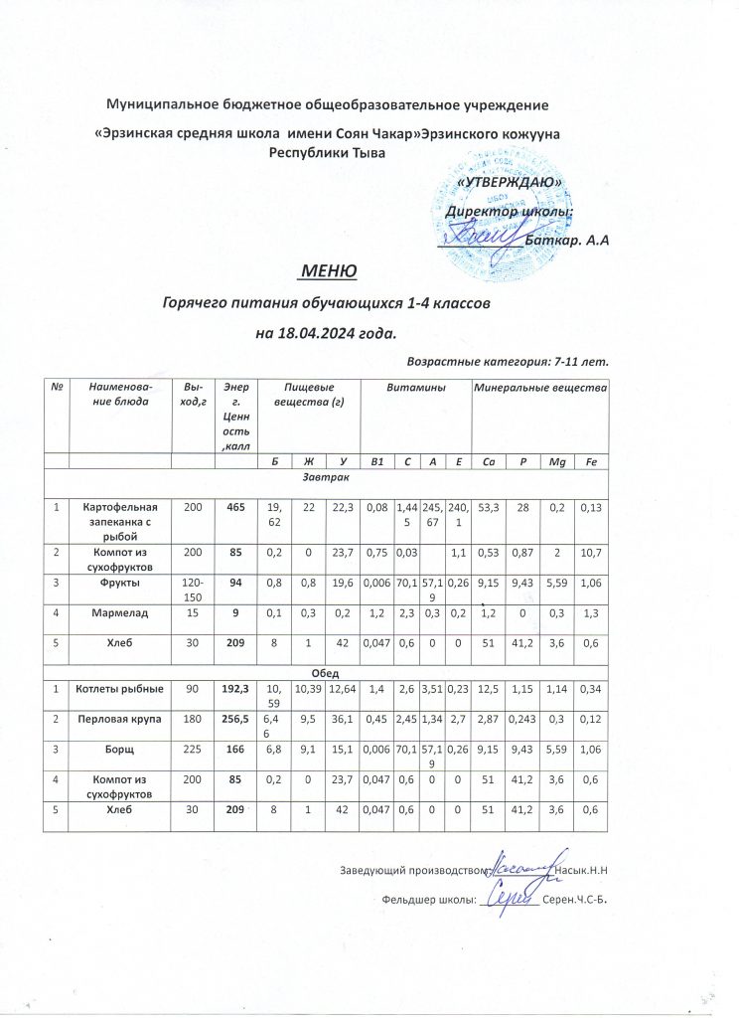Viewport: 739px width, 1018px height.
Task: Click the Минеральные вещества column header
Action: point(539,386)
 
